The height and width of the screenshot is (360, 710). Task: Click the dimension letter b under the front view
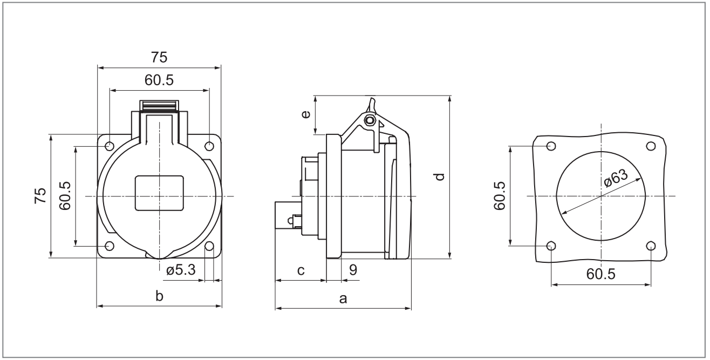click(x=159, y=296)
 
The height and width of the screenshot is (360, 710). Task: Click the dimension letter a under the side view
click(x=343, y=298)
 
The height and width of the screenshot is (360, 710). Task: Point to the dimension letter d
click(x=440, y=176)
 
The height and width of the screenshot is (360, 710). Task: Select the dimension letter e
click(x=306, y=114)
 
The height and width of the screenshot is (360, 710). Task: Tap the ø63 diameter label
click(x=616, y=178)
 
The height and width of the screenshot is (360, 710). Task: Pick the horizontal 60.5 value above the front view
click(x=159, y=80)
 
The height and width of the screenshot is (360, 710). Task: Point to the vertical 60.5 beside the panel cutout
click(x=499, y=195)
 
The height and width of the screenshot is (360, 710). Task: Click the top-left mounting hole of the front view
click(x=110, y=146)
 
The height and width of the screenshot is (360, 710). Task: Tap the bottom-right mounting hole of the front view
click(x=209, y=247)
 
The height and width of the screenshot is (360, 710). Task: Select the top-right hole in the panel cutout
click(x=651, y=146)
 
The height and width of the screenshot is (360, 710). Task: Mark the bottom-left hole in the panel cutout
click(x=551, y=246)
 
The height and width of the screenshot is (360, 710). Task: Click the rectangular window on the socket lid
click(x=159, y=193)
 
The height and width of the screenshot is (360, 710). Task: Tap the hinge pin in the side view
click(x=369, y=120)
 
